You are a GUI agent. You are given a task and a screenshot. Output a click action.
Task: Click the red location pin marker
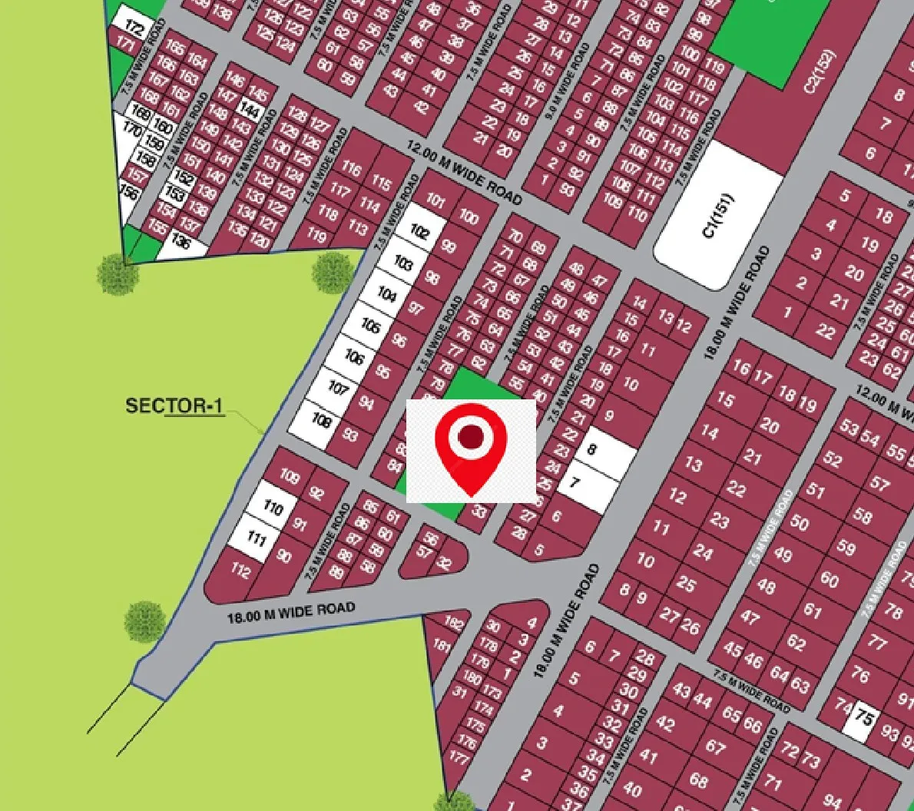(x=471, y=448)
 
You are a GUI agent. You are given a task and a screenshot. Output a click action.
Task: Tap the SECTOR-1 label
(x=175, y=405)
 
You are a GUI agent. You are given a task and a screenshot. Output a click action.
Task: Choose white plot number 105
(x=371, y=326)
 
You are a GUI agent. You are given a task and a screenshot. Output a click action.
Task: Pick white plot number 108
(x=321, y=420)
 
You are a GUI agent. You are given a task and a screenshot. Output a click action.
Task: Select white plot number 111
(x=256, y=538)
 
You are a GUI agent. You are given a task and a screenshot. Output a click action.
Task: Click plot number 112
(x=240, y=571)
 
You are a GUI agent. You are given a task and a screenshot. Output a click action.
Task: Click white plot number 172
(x=134, y=29)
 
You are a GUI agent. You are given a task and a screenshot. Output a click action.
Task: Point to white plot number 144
(x=250, y=109)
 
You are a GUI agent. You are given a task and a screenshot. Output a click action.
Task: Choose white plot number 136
(x=180, y=242)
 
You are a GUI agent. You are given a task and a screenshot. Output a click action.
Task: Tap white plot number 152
(x=184, y=177)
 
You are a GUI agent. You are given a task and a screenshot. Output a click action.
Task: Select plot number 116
(x=350, y=168)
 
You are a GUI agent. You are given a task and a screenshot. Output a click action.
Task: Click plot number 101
(x=435, y=202)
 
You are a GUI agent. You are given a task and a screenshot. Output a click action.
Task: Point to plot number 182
(x=454, y=624)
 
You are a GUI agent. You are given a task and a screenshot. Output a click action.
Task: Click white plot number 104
(x=387, y=294)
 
